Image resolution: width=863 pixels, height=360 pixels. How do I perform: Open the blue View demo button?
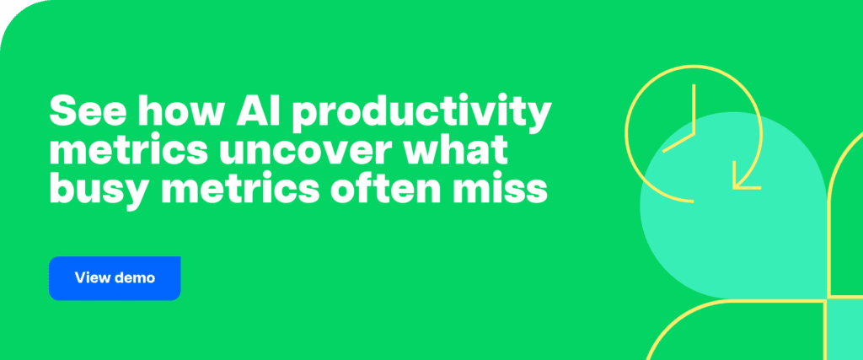click(x=115, y=278)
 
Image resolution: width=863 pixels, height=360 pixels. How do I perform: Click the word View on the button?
click(x=93, y=278)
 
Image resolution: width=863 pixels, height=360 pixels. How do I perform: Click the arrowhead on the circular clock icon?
click(x=744, y=179)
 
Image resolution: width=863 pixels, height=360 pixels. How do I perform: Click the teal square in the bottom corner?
click(x=845, y=329)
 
